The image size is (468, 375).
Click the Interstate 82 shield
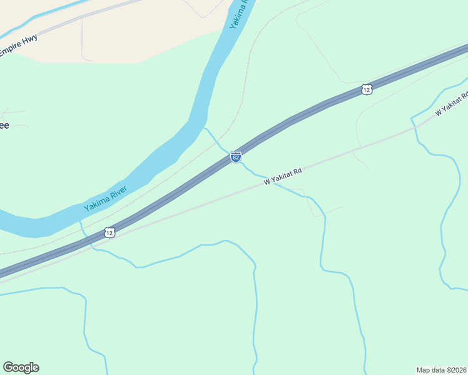pyautogui.click(x=235, y=157)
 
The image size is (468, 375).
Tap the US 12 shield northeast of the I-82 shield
pyautogui.click(x=367, y=90)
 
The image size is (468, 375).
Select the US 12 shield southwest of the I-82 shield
pyautogui.click(x=109, y=232)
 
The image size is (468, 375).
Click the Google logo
pyautogui.click(x=21, y=367)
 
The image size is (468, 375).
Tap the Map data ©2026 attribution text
pyautogui.click(x=442, y=369)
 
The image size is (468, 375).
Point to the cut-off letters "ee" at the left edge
pyautogui.click(x=4, y=126)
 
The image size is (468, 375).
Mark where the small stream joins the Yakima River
pyautogui.click(x=203, y=128)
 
